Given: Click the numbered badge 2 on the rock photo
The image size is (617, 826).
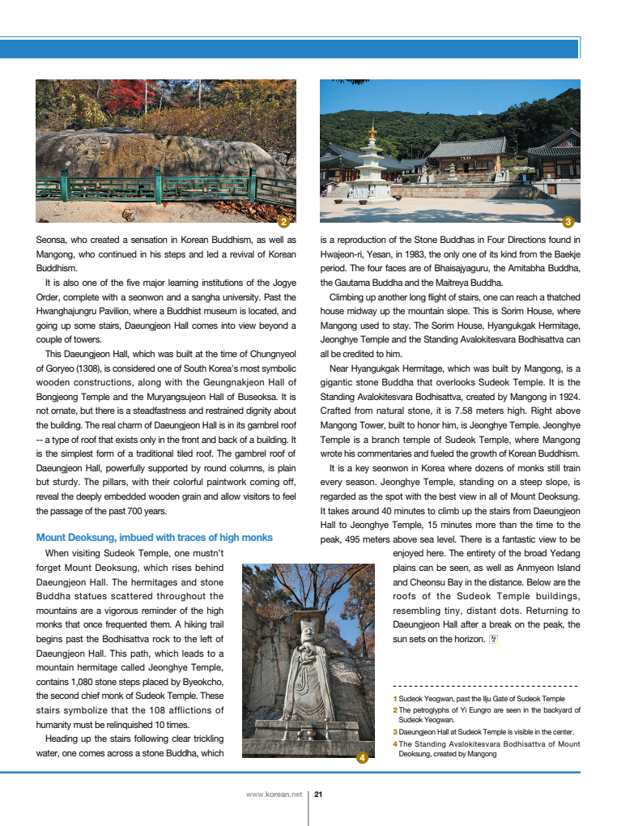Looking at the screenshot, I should [283, 222].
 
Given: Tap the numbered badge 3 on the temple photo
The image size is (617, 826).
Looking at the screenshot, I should [568, 222].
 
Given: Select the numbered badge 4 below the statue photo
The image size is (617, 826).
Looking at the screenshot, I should [362, 758].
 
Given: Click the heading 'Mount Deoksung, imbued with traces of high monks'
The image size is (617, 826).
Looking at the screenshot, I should [154, 538].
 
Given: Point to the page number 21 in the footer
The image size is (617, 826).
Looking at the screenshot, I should [318, 794].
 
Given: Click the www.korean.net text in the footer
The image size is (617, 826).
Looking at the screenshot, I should [274, 794].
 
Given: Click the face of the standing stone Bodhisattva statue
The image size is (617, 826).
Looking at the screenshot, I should [308, 629].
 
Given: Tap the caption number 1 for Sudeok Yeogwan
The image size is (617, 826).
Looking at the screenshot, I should [394, 698].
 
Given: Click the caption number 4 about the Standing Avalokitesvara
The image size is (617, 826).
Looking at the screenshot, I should [394, 743].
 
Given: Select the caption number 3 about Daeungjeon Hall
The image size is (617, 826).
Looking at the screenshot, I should [394, 732].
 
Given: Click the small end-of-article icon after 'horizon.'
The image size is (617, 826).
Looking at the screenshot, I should [493, 639].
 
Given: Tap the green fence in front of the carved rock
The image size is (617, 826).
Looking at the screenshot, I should [162, 188].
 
